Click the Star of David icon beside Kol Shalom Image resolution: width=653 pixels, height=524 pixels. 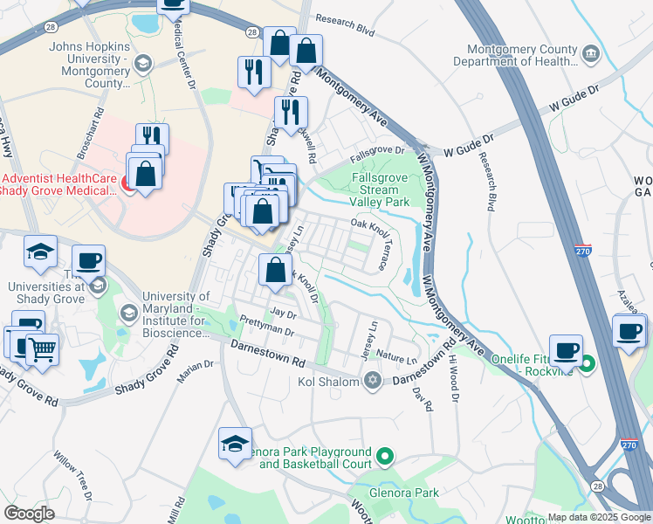point(374,380)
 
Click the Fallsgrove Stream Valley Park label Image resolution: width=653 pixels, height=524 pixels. point(380,190)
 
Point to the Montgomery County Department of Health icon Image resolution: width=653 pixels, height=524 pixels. point(591,55)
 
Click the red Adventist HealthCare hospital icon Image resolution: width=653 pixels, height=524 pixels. point(127,183)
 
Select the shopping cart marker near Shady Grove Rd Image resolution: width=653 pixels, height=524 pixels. point(41,349)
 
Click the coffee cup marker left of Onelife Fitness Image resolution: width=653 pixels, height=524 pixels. point(566,349)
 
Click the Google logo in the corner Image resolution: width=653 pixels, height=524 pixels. point(29,514)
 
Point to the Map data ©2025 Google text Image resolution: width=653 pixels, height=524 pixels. point(598,517)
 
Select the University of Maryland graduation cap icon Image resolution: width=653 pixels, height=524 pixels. point(128,313)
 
